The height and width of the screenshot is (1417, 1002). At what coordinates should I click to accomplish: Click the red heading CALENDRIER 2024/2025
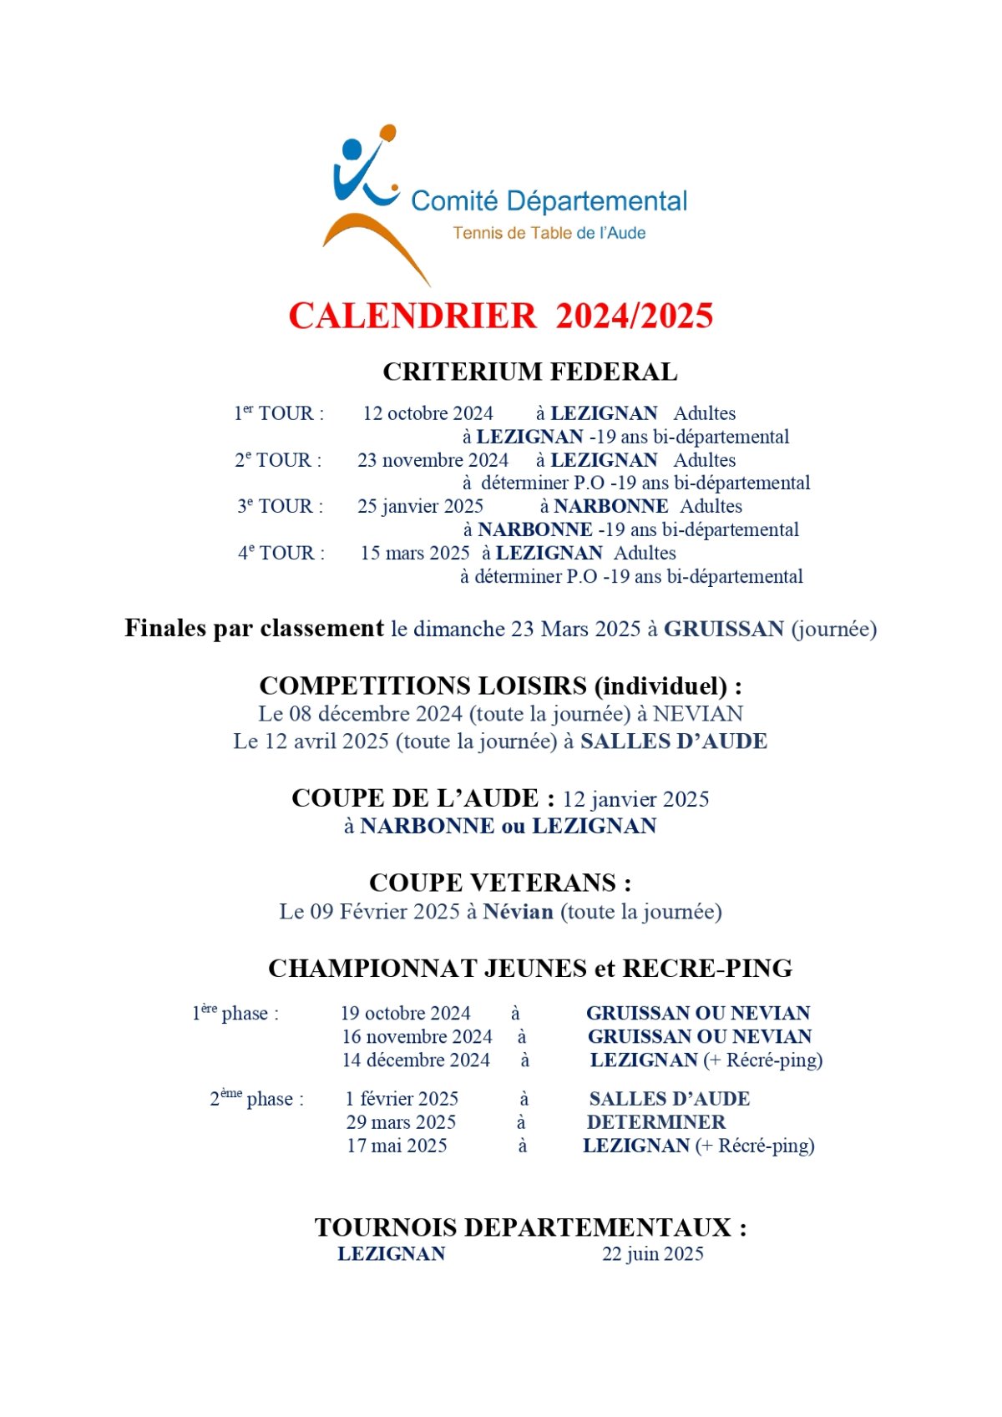pyautogui.click(x=501, y=316)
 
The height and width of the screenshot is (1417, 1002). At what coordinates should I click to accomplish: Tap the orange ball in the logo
pyautogui.click(x=387, y=132)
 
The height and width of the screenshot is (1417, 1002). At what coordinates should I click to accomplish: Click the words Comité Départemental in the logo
pyautogui.click(x=549, y=201)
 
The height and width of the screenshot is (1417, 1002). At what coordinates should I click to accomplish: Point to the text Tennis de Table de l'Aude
pyautogui.click(x=549, y=233)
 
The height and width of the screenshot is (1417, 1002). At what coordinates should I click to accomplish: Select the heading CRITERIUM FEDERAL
pyautogui.click(x=529, y=372)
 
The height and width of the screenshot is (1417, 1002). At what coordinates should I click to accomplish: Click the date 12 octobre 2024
pyautogui.click(x=428, y=413)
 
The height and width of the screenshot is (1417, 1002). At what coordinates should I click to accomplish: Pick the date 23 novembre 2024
pyautogui.click(x=433, y=460)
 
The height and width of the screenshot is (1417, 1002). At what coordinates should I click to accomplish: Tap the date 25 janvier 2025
pyautogui.click(x=420, y=506)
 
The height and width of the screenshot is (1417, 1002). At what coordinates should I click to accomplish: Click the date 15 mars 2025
pyautogui.click(x=415, y=553)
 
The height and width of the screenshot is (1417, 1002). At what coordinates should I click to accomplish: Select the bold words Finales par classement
pyautogui.click(x=254, y=628)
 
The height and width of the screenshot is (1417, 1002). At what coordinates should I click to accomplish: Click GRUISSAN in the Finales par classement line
pyautogui.click(x=723, y=629)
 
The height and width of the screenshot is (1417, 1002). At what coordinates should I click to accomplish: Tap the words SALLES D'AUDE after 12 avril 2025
pyautogui.click(x=673, y=741)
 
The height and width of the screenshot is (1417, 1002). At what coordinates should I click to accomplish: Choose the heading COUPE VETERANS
pyautogui.click(x=500, y=883)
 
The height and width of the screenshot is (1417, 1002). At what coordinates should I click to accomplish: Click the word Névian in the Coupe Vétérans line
pyautogui.click(x=518, y=912)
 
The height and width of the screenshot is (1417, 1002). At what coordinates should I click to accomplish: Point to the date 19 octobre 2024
pyautogui.click(x=405, y=1013)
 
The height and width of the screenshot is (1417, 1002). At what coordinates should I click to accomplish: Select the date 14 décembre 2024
pyautogui.click(x=416, y=1060)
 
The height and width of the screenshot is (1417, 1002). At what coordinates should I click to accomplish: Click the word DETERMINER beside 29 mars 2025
pyautogui.click(x=656, y=1122)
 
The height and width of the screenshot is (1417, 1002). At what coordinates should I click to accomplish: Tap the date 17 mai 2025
pyautogui.click(x=397, y=1146)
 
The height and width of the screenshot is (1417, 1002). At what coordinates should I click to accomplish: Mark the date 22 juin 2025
pyautogui.click(x=652, y=1253)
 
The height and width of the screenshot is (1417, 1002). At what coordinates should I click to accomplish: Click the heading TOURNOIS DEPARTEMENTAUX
pyautogui.click(x=530, y=1227)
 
